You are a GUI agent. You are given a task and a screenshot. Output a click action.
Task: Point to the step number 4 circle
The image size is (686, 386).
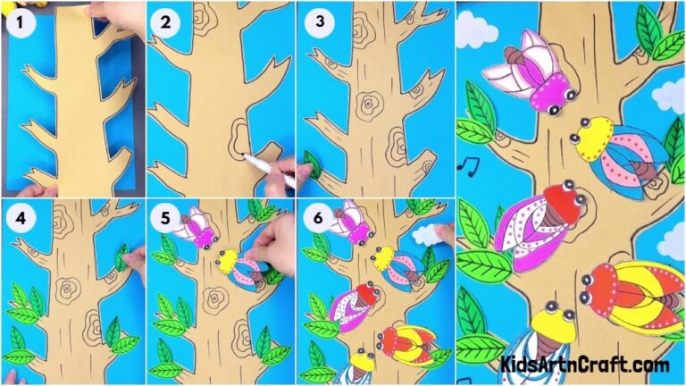coord(20,217)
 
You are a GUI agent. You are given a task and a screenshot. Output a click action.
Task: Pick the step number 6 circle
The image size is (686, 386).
coord(314,217)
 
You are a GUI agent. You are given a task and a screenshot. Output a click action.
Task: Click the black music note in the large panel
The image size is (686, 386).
coord(466,164)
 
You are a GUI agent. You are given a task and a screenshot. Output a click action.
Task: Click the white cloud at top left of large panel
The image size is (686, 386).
coord(475,31)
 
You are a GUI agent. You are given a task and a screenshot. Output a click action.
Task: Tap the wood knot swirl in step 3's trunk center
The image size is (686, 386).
coord(367,105)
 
